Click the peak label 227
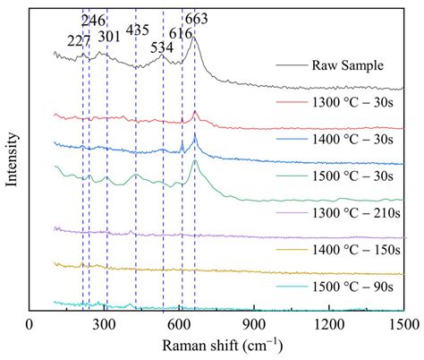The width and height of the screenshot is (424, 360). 79,39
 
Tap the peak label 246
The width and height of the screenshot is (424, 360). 92,20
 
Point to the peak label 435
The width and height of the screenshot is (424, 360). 138,29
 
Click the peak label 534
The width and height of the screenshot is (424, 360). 162,47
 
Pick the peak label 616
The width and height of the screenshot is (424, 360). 181,33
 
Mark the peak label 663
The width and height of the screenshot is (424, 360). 197,19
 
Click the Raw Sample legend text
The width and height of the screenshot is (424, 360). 349,66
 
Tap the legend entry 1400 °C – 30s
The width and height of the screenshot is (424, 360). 355,140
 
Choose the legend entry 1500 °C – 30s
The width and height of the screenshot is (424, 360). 355,176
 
